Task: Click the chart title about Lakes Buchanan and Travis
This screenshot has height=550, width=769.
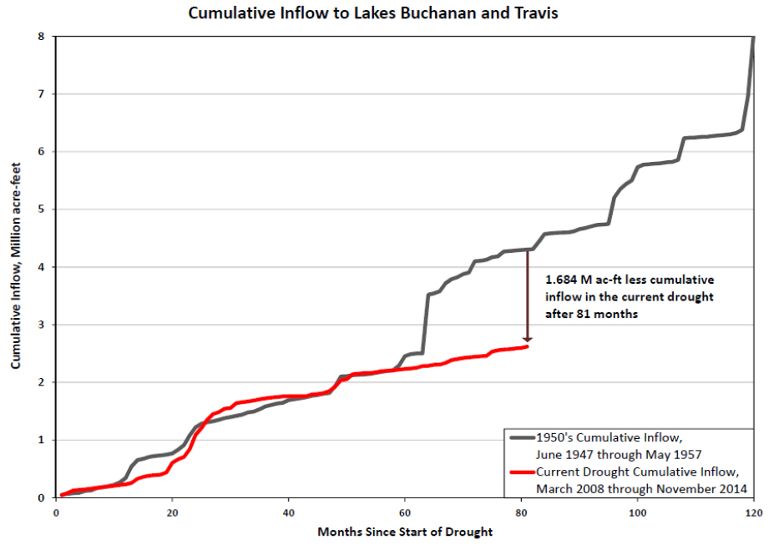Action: tap(384, 13)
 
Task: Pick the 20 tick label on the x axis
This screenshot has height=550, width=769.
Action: tap(172, 511)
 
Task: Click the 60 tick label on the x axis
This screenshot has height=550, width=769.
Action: tap(405, 511)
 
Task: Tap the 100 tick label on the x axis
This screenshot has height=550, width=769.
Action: tap(638, 511)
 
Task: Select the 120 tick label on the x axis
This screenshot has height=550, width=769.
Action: tap(754, 511)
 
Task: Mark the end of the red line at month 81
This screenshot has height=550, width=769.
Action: tap(527, 346)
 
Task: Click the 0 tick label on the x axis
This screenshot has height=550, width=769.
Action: tap(55, 511)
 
